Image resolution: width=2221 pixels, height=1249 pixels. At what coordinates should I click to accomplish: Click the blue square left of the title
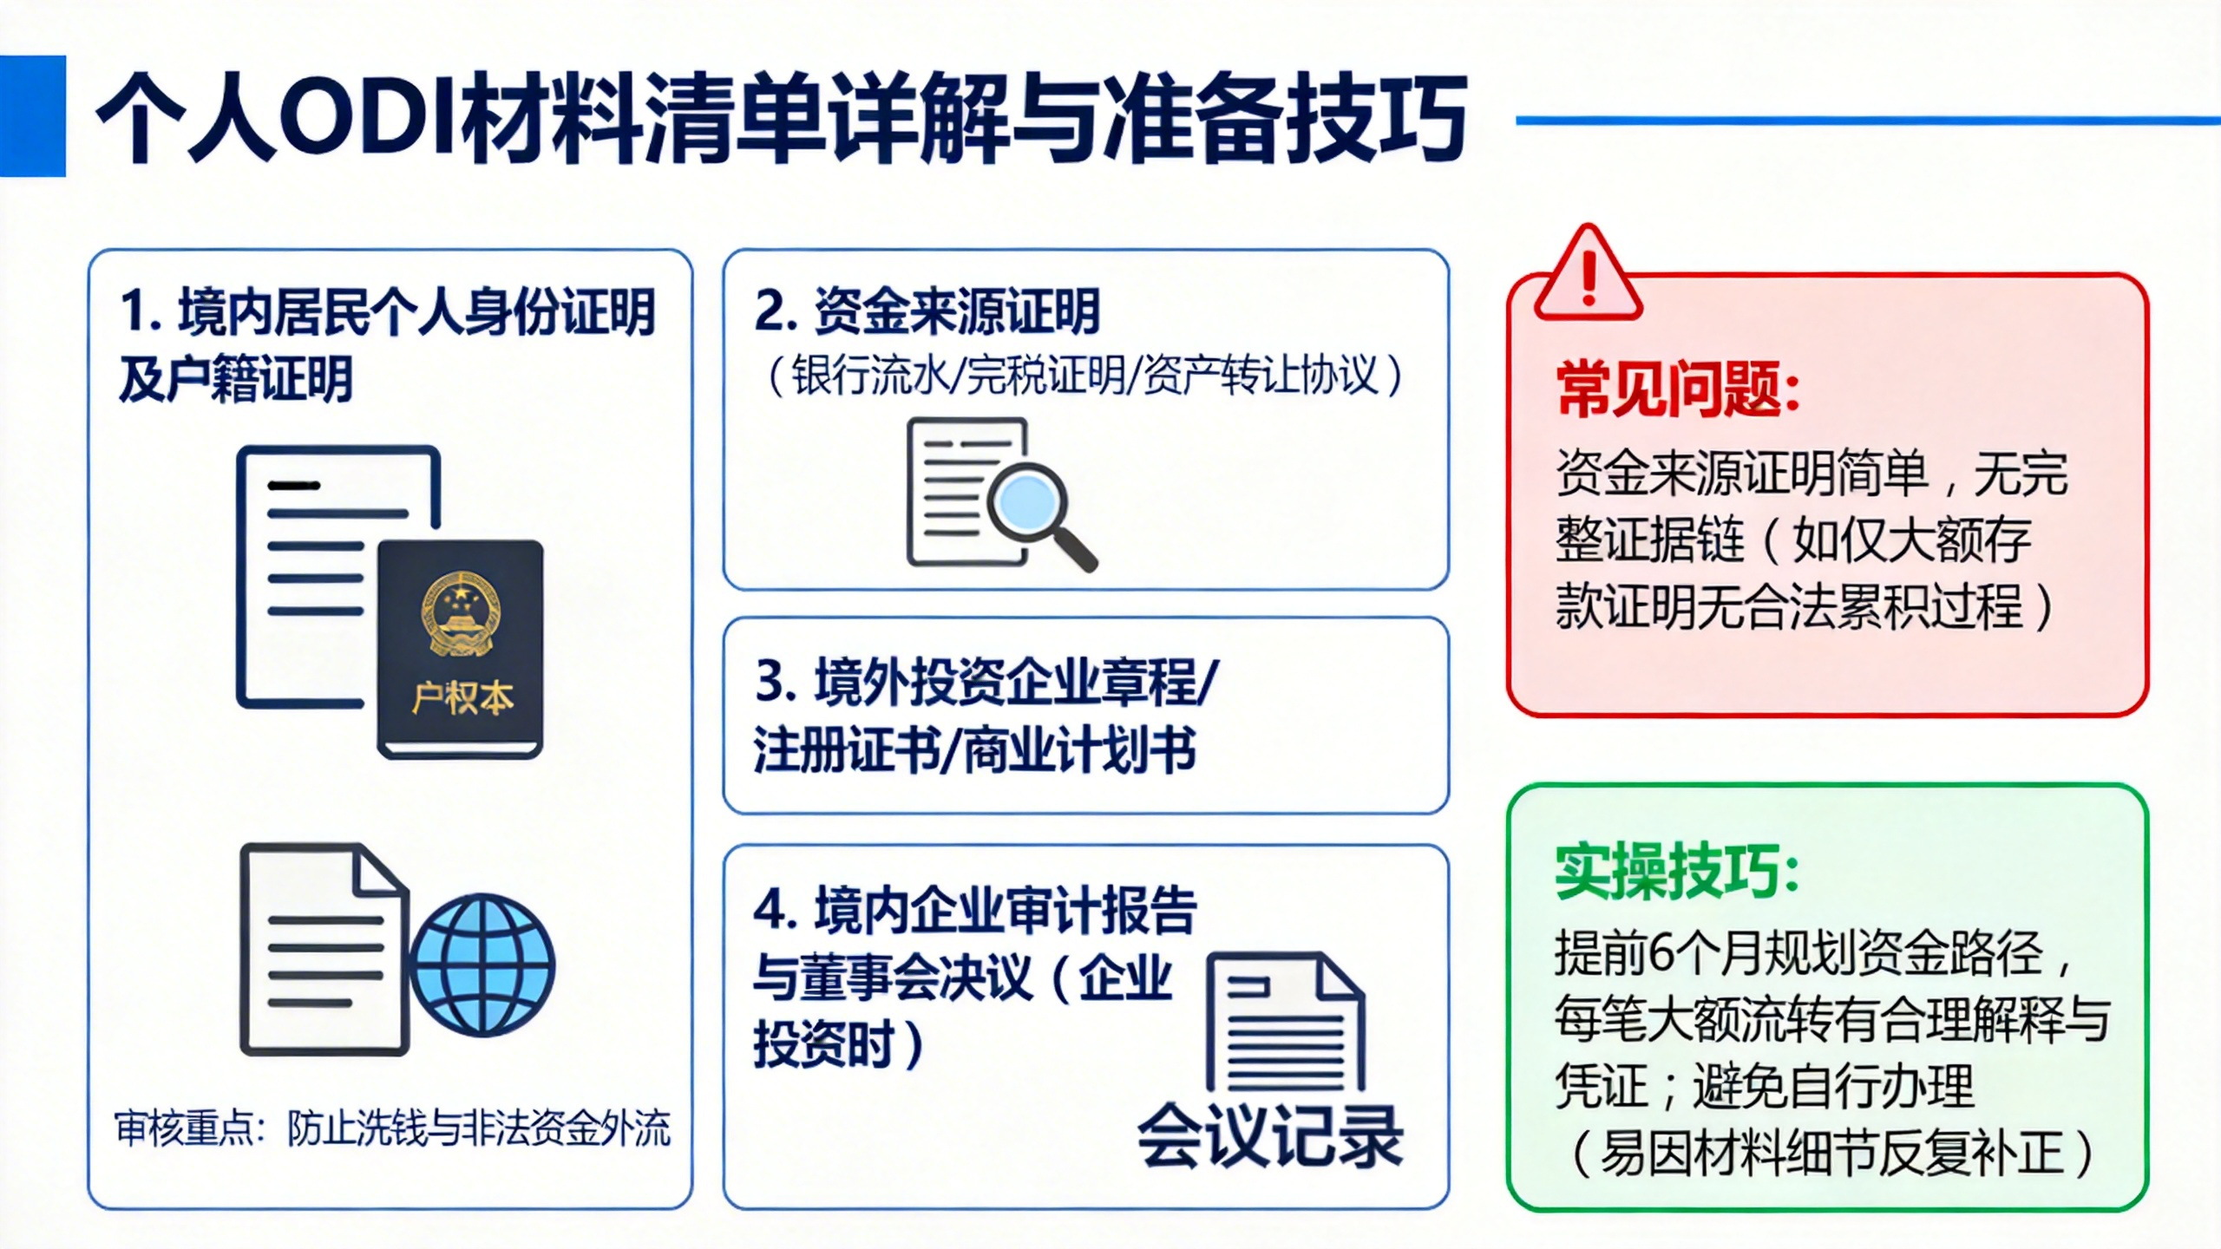pos(32,116)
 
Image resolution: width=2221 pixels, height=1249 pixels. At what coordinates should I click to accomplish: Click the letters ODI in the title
pos(370,117)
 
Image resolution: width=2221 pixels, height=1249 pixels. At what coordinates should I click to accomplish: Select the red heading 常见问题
pos(1678,389)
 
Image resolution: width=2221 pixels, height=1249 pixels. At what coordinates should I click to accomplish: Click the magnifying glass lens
pos(1027,503)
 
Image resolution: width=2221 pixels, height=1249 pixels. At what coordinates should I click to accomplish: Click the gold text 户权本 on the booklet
pos(462,698)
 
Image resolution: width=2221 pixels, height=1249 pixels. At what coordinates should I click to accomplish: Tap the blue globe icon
pos(482,965)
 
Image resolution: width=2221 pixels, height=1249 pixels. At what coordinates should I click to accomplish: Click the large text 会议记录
pos(1270,1136)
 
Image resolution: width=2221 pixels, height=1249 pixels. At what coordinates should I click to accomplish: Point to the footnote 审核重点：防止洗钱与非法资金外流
pos(392,1128)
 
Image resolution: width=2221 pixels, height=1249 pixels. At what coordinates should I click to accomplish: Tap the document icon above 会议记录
pos(1286,1022)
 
